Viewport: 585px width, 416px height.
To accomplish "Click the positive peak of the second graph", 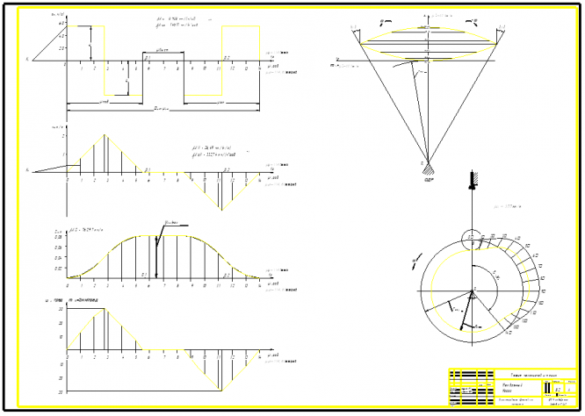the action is pos(105,135).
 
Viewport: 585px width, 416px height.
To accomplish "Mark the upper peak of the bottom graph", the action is pos(105,309).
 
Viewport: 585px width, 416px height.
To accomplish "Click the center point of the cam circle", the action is pos(473,290).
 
